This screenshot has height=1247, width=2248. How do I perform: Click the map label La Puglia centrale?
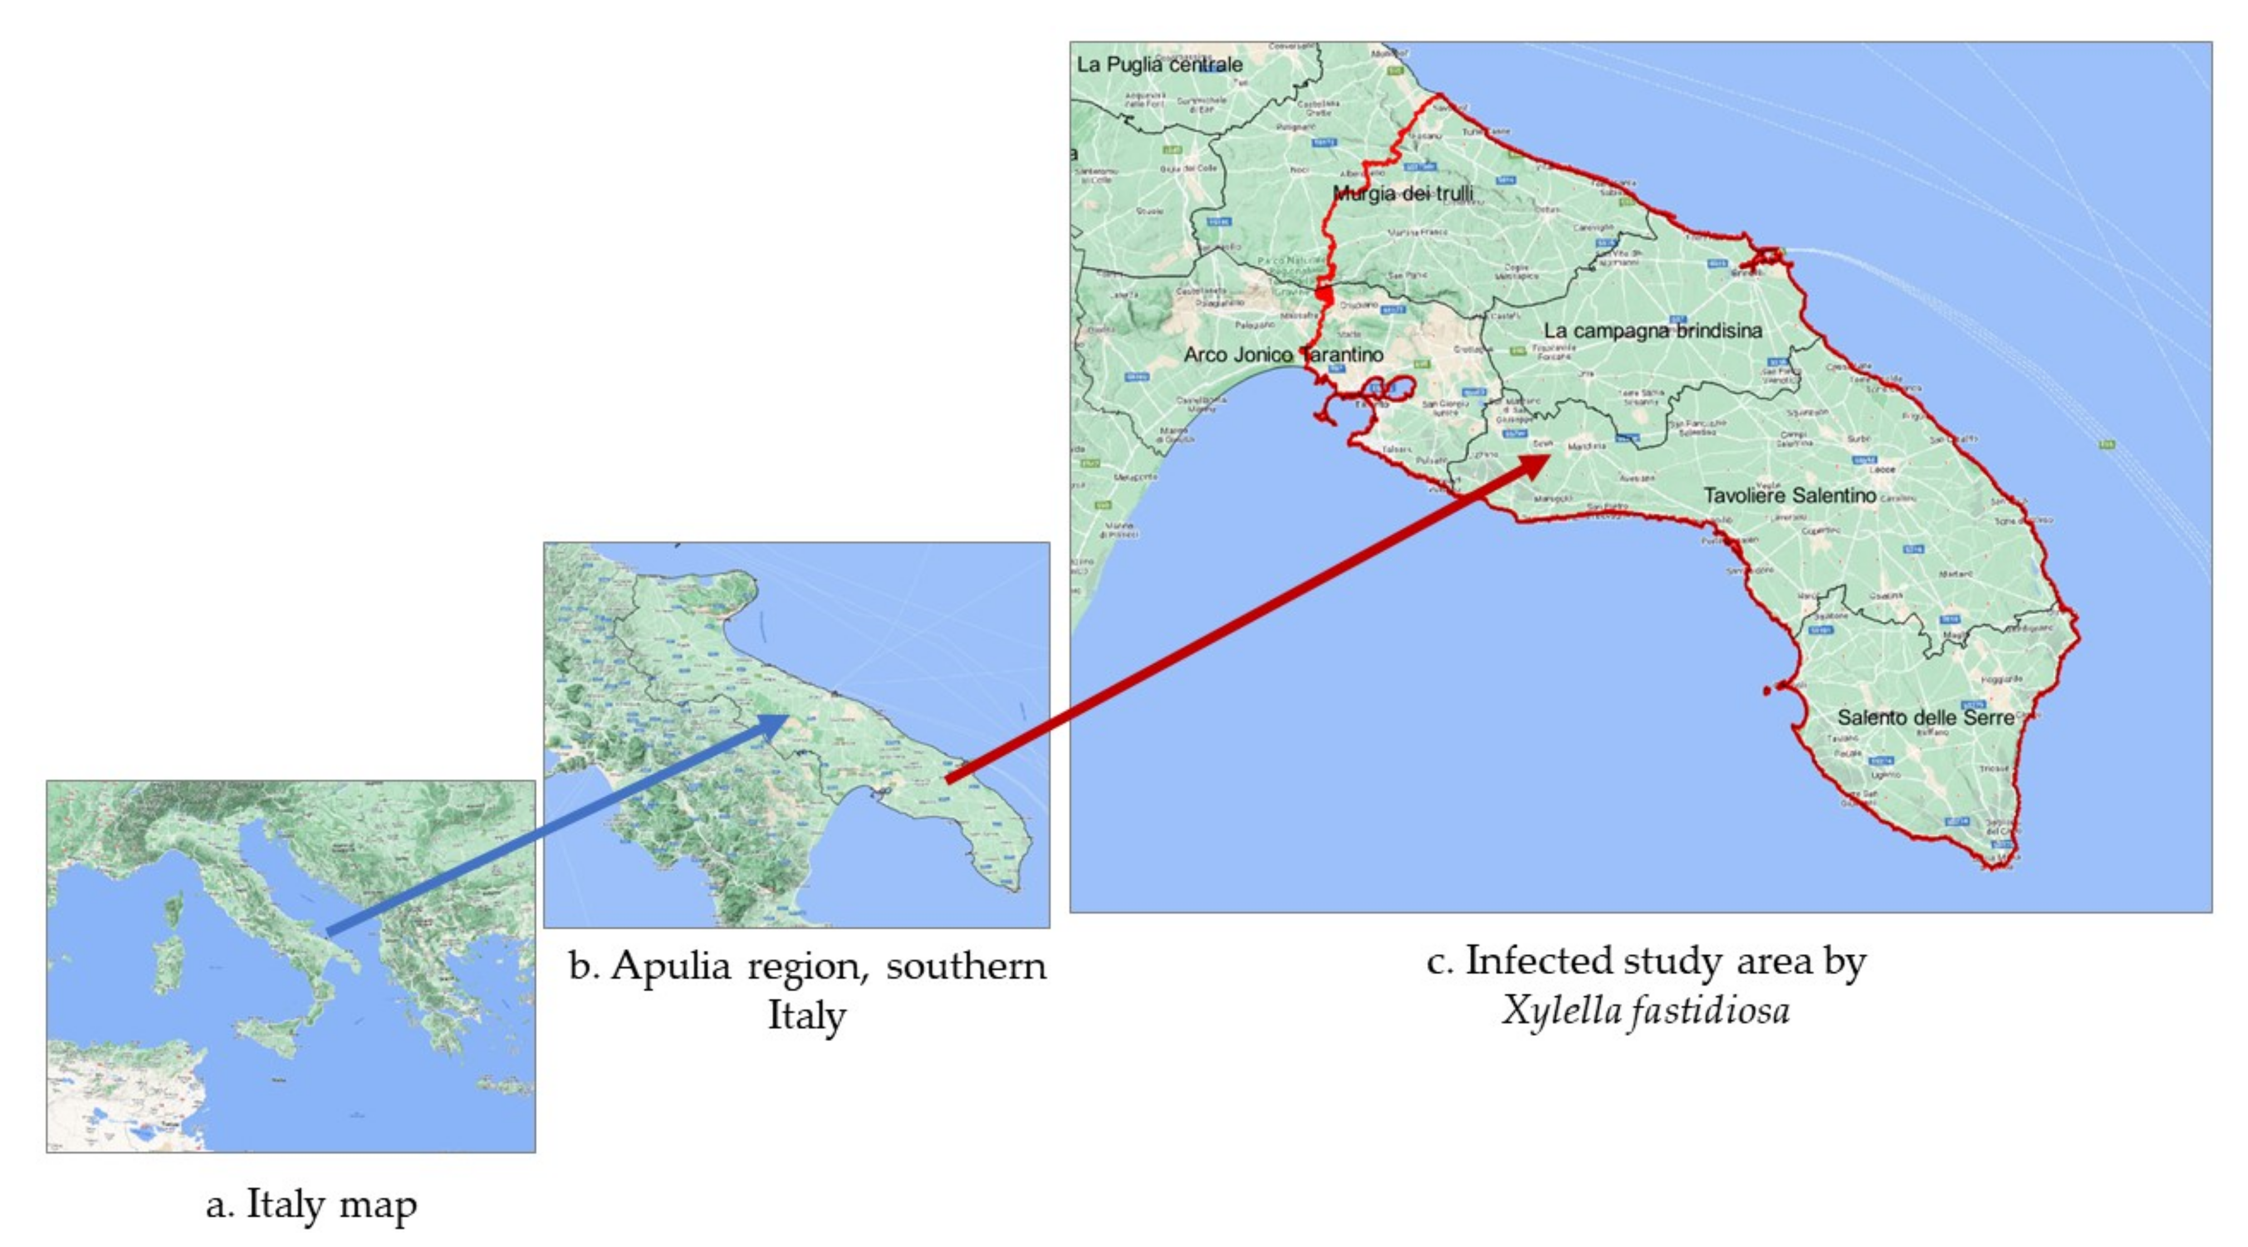(1159, 65)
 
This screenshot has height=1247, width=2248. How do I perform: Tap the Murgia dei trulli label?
(1403, 193)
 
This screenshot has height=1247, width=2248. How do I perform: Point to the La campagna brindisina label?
(1652, 331)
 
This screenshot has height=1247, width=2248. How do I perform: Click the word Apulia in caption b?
(670, 966)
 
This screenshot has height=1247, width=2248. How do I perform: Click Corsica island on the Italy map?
(174, 910)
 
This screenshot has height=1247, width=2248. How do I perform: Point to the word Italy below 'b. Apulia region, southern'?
(806, 1015)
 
